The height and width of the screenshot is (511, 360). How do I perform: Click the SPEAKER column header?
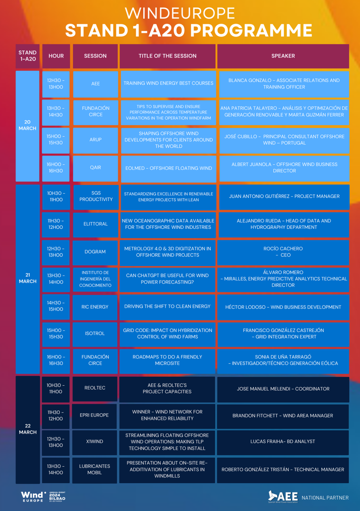283,56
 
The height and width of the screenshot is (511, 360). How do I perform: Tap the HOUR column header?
56,56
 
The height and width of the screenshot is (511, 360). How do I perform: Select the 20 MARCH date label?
27,125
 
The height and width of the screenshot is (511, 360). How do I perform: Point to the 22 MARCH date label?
28,429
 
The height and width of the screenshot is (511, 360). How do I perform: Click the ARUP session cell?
95,140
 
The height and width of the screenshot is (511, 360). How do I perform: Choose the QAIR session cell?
95,168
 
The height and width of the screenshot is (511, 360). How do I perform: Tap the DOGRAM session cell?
95,252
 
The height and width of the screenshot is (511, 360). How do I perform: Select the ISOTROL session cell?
95,334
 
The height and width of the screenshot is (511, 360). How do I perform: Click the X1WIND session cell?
94,442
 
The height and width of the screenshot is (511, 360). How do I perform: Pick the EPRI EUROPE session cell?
94,415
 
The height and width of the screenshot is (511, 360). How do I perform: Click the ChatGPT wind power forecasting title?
167,279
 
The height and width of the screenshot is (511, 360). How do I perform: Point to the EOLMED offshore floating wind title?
168,168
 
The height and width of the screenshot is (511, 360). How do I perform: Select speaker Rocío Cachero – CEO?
283,252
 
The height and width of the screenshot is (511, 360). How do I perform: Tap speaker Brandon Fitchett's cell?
283,416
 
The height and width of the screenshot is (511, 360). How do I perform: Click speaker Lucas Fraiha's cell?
283,442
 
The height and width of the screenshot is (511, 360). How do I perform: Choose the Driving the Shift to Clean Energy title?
167,307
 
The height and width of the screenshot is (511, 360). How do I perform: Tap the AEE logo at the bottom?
283,497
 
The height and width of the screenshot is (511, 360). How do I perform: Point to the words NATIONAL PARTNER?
325,498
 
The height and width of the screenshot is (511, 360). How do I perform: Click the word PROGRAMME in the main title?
251,30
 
